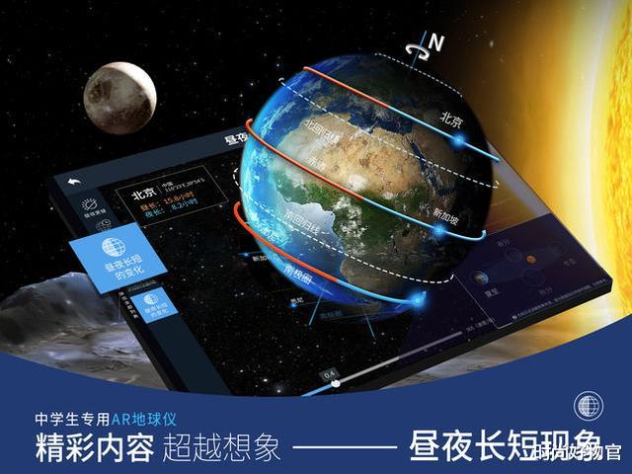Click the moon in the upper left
point(118,98)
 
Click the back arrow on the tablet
point(73,184)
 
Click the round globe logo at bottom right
point(589,406)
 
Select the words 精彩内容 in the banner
point(94,446)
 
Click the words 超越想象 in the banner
point(222,446)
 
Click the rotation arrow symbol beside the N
point(423,42)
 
